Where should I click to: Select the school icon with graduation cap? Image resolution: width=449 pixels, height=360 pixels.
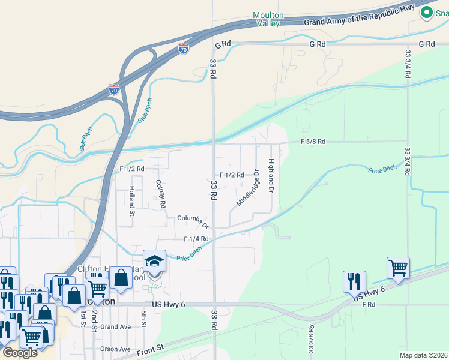pyautogui.click(x=154, y=262)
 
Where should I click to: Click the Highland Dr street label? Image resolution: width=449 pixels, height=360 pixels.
pyautogui.click(x=271, y=176)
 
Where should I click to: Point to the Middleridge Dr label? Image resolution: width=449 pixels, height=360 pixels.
pyautogui.click(x=247, y=188)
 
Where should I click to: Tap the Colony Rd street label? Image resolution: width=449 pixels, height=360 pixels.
pyautogui.click(x=160, y=194)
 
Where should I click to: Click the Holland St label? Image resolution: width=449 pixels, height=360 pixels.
pyautogui.click(x=132, y=200)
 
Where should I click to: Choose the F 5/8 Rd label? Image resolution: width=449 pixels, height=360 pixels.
pyautogui.click(x=312, y=142)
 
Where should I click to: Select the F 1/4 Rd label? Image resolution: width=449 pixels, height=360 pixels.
pyautogui.click(x=196, y=238)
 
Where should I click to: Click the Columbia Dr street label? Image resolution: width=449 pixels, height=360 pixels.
pyautogui.click(x=192, y=221)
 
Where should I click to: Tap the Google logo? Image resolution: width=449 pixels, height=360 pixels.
pyautogui.click(x=19, y=352)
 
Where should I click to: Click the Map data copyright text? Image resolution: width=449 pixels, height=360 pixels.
pyautogui.click(x=423, y=355)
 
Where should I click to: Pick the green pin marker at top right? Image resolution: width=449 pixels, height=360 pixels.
pyautogui.click(x=427, y=12)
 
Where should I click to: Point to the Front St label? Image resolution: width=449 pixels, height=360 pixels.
pyautogui.click(x=169, y=347)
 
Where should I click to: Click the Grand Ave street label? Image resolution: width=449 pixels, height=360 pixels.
pyautogui.click(x=115, y=327)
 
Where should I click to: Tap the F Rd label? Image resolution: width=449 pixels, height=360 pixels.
pyautogui.click(x=369, y=305)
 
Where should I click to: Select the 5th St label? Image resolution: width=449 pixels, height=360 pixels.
pyautogui.click(x=143, y=316)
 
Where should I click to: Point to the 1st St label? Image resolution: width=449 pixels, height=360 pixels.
pyautogui.click(x=83, y=319)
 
